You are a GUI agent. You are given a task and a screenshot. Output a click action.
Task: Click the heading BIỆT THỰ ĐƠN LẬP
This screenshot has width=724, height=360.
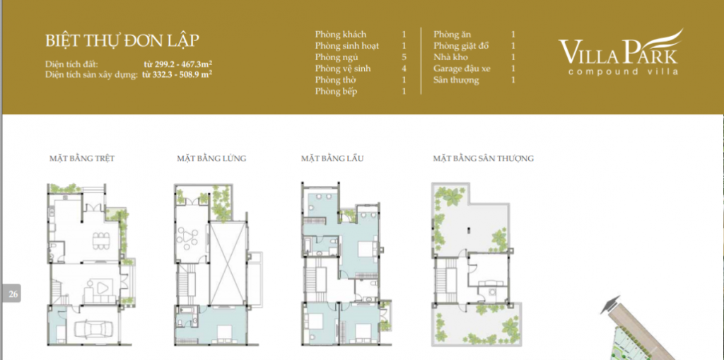122,41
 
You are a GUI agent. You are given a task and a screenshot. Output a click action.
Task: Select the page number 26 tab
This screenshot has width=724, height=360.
13,293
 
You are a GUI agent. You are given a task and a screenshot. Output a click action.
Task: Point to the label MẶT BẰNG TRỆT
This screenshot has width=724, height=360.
82,158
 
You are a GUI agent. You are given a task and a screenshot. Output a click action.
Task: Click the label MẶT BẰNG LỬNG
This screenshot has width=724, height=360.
211,158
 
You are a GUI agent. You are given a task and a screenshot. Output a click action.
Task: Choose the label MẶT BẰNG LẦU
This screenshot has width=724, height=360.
332,158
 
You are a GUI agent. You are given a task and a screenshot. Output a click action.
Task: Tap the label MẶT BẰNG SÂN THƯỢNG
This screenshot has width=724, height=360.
483,158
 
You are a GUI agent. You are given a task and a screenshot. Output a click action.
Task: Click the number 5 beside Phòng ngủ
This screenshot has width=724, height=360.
404,57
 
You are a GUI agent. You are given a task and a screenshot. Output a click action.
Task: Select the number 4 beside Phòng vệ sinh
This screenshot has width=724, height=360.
404,69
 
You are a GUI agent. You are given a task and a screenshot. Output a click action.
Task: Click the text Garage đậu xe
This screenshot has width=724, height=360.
462,69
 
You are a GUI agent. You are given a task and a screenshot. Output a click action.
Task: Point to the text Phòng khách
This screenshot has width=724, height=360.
341,34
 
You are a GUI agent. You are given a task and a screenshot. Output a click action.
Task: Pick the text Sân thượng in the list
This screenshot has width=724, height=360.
456,81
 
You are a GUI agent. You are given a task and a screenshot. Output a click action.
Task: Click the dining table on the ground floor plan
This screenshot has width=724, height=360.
99,241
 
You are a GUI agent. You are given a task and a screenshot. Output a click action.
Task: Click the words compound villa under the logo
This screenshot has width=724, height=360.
624,71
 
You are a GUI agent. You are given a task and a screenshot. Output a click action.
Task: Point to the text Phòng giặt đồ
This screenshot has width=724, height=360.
461,46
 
